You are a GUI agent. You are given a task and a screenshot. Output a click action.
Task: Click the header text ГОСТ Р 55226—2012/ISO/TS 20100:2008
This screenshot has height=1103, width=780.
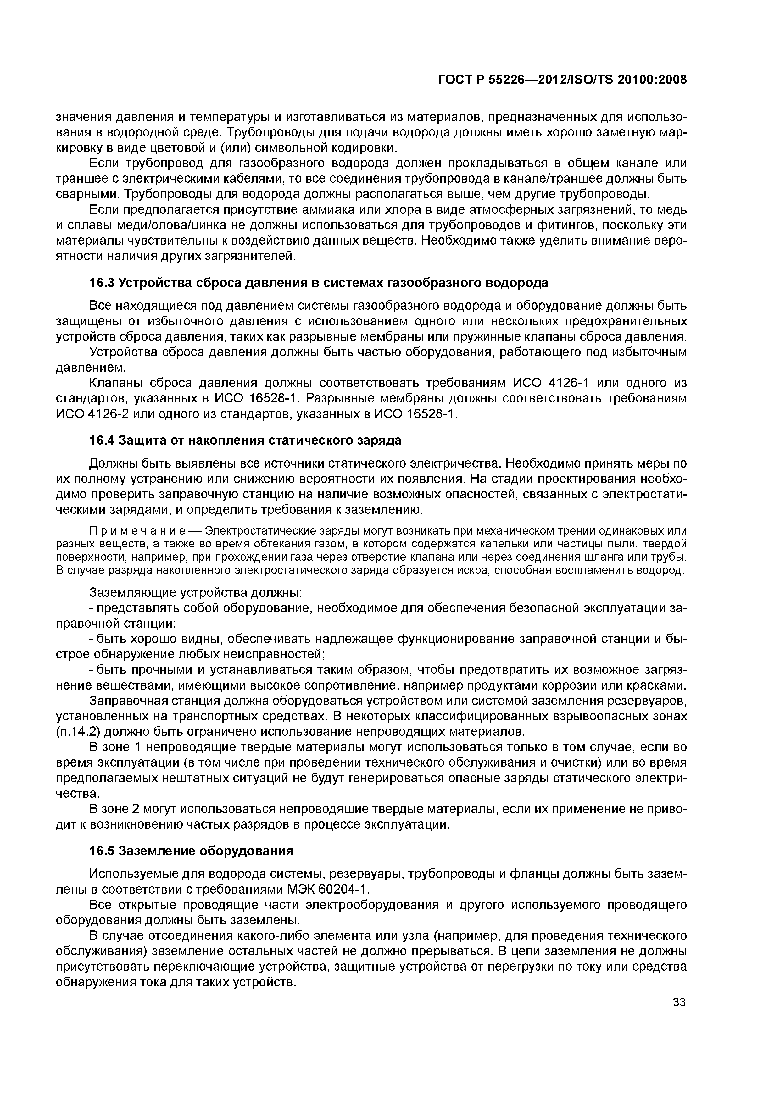pyautogui.click(x=562, y=80)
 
